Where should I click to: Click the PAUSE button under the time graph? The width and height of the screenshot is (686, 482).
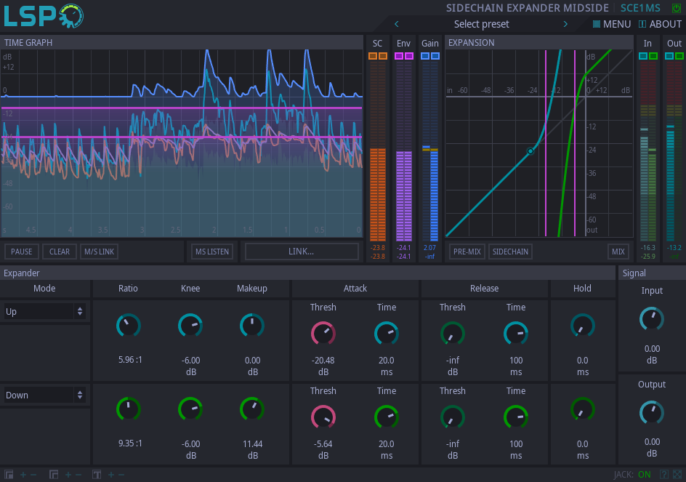[22, 252]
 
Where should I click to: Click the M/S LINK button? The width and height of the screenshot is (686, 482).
[99, 252]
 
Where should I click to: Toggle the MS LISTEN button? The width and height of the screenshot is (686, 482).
[212, 252]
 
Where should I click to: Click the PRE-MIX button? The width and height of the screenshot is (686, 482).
[467, 252]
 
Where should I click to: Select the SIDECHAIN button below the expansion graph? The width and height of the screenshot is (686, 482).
[510, 252]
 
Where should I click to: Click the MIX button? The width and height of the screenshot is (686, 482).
[618, 252]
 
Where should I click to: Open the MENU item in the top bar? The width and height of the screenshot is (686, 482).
[612, 24]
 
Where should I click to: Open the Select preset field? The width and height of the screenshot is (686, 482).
[481, 24]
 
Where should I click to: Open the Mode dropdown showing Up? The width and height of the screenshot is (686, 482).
[44, 312]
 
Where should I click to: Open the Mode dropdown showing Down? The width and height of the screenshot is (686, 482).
[44, 395]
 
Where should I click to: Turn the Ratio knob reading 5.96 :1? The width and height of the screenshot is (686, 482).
[129, 326]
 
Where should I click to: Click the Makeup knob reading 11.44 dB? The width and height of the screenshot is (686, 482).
[252, 409]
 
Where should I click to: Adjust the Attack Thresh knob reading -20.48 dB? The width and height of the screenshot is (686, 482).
[323, 334]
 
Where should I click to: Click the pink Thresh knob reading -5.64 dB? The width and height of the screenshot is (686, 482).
[323, 417]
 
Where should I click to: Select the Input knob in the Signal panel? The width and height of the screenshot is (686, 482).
[652, 318]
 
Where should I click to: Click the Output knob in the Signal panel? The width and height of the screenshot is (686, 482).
[652, 412]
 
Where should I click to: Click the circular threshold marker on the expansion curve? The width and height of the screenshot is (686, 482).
[530, 151]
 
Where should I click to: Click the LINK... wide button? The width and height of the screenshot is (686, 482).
[302, 252]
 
